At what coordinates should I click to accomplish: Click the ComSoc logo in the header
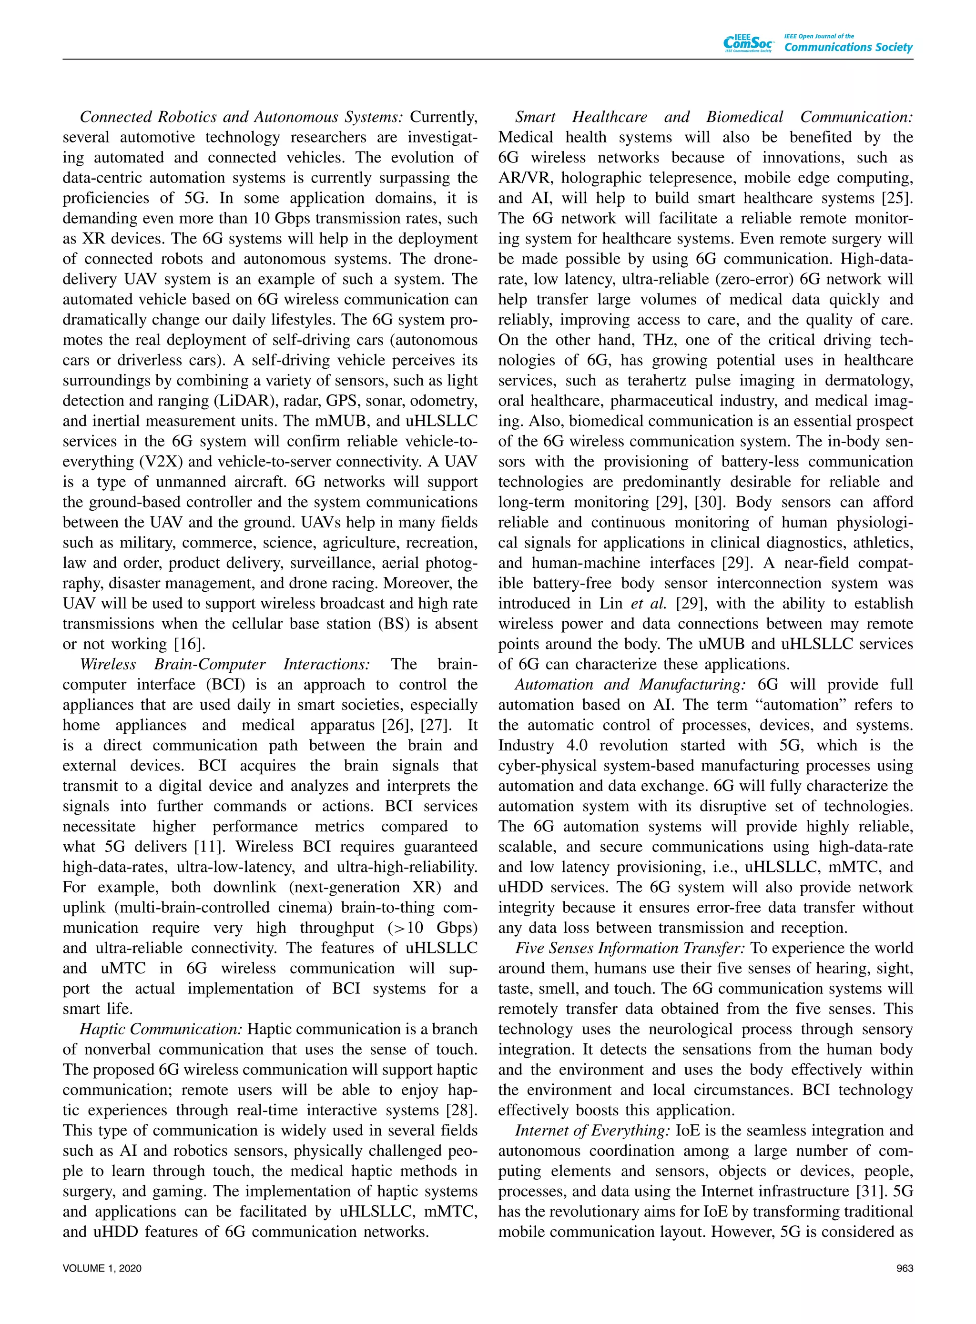pos(749,43)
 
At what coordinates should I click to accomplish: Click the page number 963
pos(905,1268)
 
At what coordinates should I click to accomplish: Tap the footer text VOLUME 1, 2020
pos(102,1268)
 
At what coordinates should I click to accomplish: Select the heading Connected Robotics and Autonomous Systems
pos(242,117)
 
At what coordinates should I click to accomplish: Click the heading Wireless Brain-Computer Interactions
pos(225,664)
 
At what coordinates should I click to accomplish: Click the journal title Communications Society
pos(848,47)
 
